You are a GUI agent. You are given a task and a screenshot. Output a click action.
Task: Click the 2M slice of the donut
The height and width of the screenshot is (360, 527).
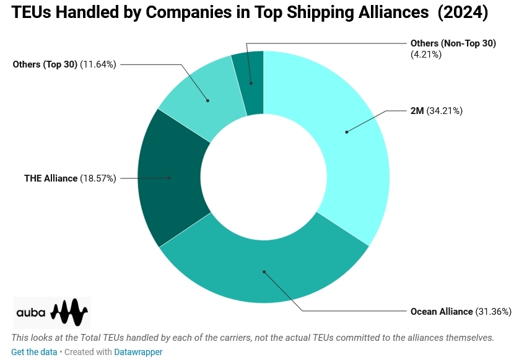(x=347, y=131)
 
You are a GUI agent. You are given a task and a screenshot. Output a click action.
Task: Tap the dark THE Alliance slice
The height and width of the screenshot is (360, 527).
(x=170, y=178)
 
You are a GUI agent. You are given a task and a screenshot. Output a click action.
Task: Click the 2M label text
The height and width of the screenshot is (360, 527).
(x=417, y=112)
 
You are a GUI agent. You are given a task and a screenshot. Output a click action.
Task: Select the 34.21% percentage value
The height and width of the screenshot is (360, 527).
(x=445, y=112)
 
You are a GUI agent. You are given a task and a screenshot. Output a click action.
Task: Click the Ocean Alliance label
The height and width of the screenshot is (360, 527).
(x=442, y=311)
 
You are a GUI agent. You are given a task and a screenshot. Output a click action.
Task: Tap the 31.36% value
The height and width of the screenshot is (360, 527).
(x=494, y=311)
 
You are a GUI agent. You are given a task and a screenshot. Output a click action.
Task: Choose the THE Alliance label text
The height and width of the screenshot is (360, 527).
(x=51, y=178)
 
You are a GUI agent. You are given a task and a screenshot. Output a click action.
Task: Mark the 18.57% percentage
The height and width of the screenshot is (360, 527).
(x=98, y=178)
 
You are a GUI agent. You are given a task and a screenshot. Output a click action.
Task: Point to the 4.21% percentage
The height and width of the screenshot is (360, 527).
(x=426, y=54)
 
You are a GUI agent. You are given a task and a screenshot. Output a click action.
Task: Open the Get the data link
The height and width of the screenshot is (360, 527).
(x=34, y=352)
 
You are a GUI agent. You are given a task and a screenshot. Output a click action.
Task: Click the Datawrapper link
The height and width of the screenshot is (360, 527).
(x=138, y=352)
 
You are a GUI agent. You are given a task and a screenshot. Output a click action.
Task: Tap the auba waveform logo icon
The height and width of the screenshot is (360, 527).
(x=69, y=312)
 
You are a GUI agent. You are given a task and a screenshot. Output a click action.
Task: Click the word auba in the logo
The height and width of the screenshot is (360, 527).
(x=31, y=313)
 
